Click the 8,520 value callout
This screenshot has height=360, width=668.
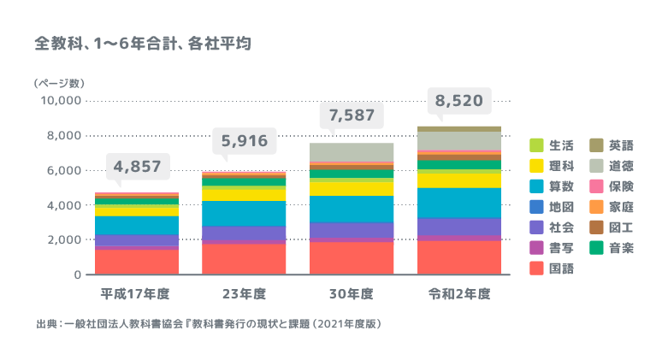point(458,101)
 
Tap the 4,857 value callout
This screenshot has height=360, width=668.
point(137,166)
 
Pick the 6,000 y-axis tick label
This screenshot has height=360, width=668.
point(65,170)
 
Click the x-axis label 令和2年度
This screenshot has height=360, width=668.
point(458,293)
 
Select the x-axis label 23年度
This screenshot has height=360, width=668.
point(244,293)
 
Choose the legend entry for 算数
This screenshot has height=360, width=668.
point(561,186)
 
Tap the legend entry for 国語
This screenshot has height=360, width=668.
point(561,268)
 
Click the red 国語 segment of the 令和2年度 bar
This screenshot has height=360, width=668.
point(458,257)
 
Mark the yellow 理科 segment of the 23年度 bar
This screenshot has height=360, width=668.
point(244,194)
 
